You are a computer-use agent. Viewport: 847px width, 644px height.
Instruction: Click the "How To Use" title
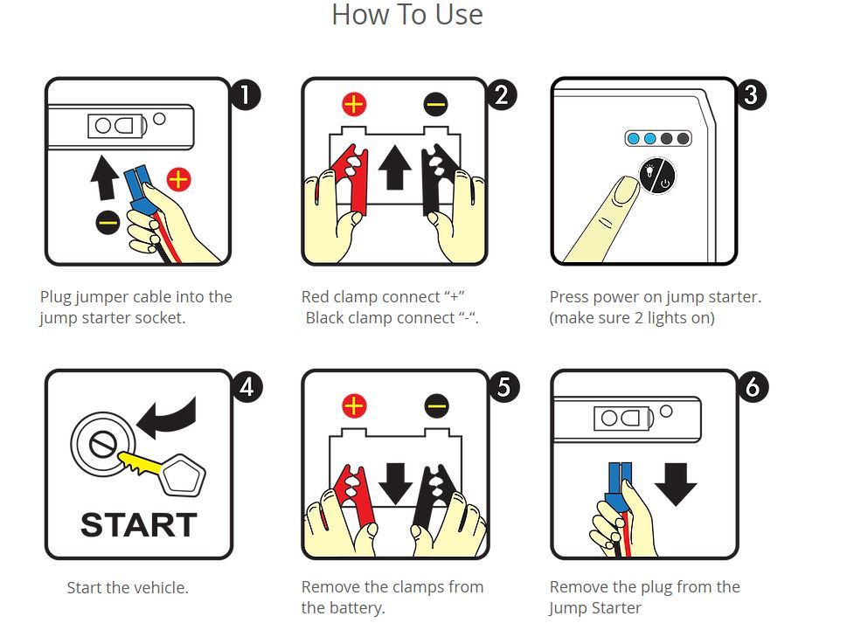[x=407, y=15]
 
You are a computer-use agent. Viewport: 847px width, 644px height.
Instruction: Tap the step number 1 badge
[x=246, y=94]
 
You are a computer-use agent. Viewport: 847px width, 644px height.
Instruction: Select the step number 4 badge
[x=246, y=387]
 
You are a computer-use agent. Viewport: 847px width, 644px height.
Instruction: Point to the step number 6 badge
[x=753, y=387]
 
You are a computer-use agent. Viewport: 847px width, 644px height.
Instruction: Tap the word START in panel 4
[x=139, y=524]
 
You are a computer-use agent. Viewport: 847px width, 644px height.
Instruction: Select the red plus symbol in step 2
[x=354, y=104]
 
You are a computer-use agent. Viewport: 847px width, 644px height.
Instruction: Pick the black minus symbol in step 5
[x=436, y=405]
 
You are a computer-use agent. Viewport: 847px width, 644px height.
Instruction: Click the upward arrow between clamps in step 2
[x=395, y=168]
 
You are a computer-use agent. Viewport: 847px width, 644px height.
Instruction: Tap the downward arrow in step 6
[x=676, y=484]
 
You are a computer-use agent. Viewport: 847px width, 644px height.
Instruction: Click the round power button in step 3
[x=657, y=176]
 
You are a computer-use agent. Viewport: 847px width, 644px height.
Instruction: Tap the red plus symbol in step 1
[x=179, y=180]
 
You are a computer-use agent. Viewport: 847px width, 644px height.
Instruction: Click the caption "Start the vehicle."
[x=128, y=587]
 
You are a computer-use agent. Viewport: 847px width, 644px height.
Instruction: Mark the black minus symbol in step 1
[x=108, y=222]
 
